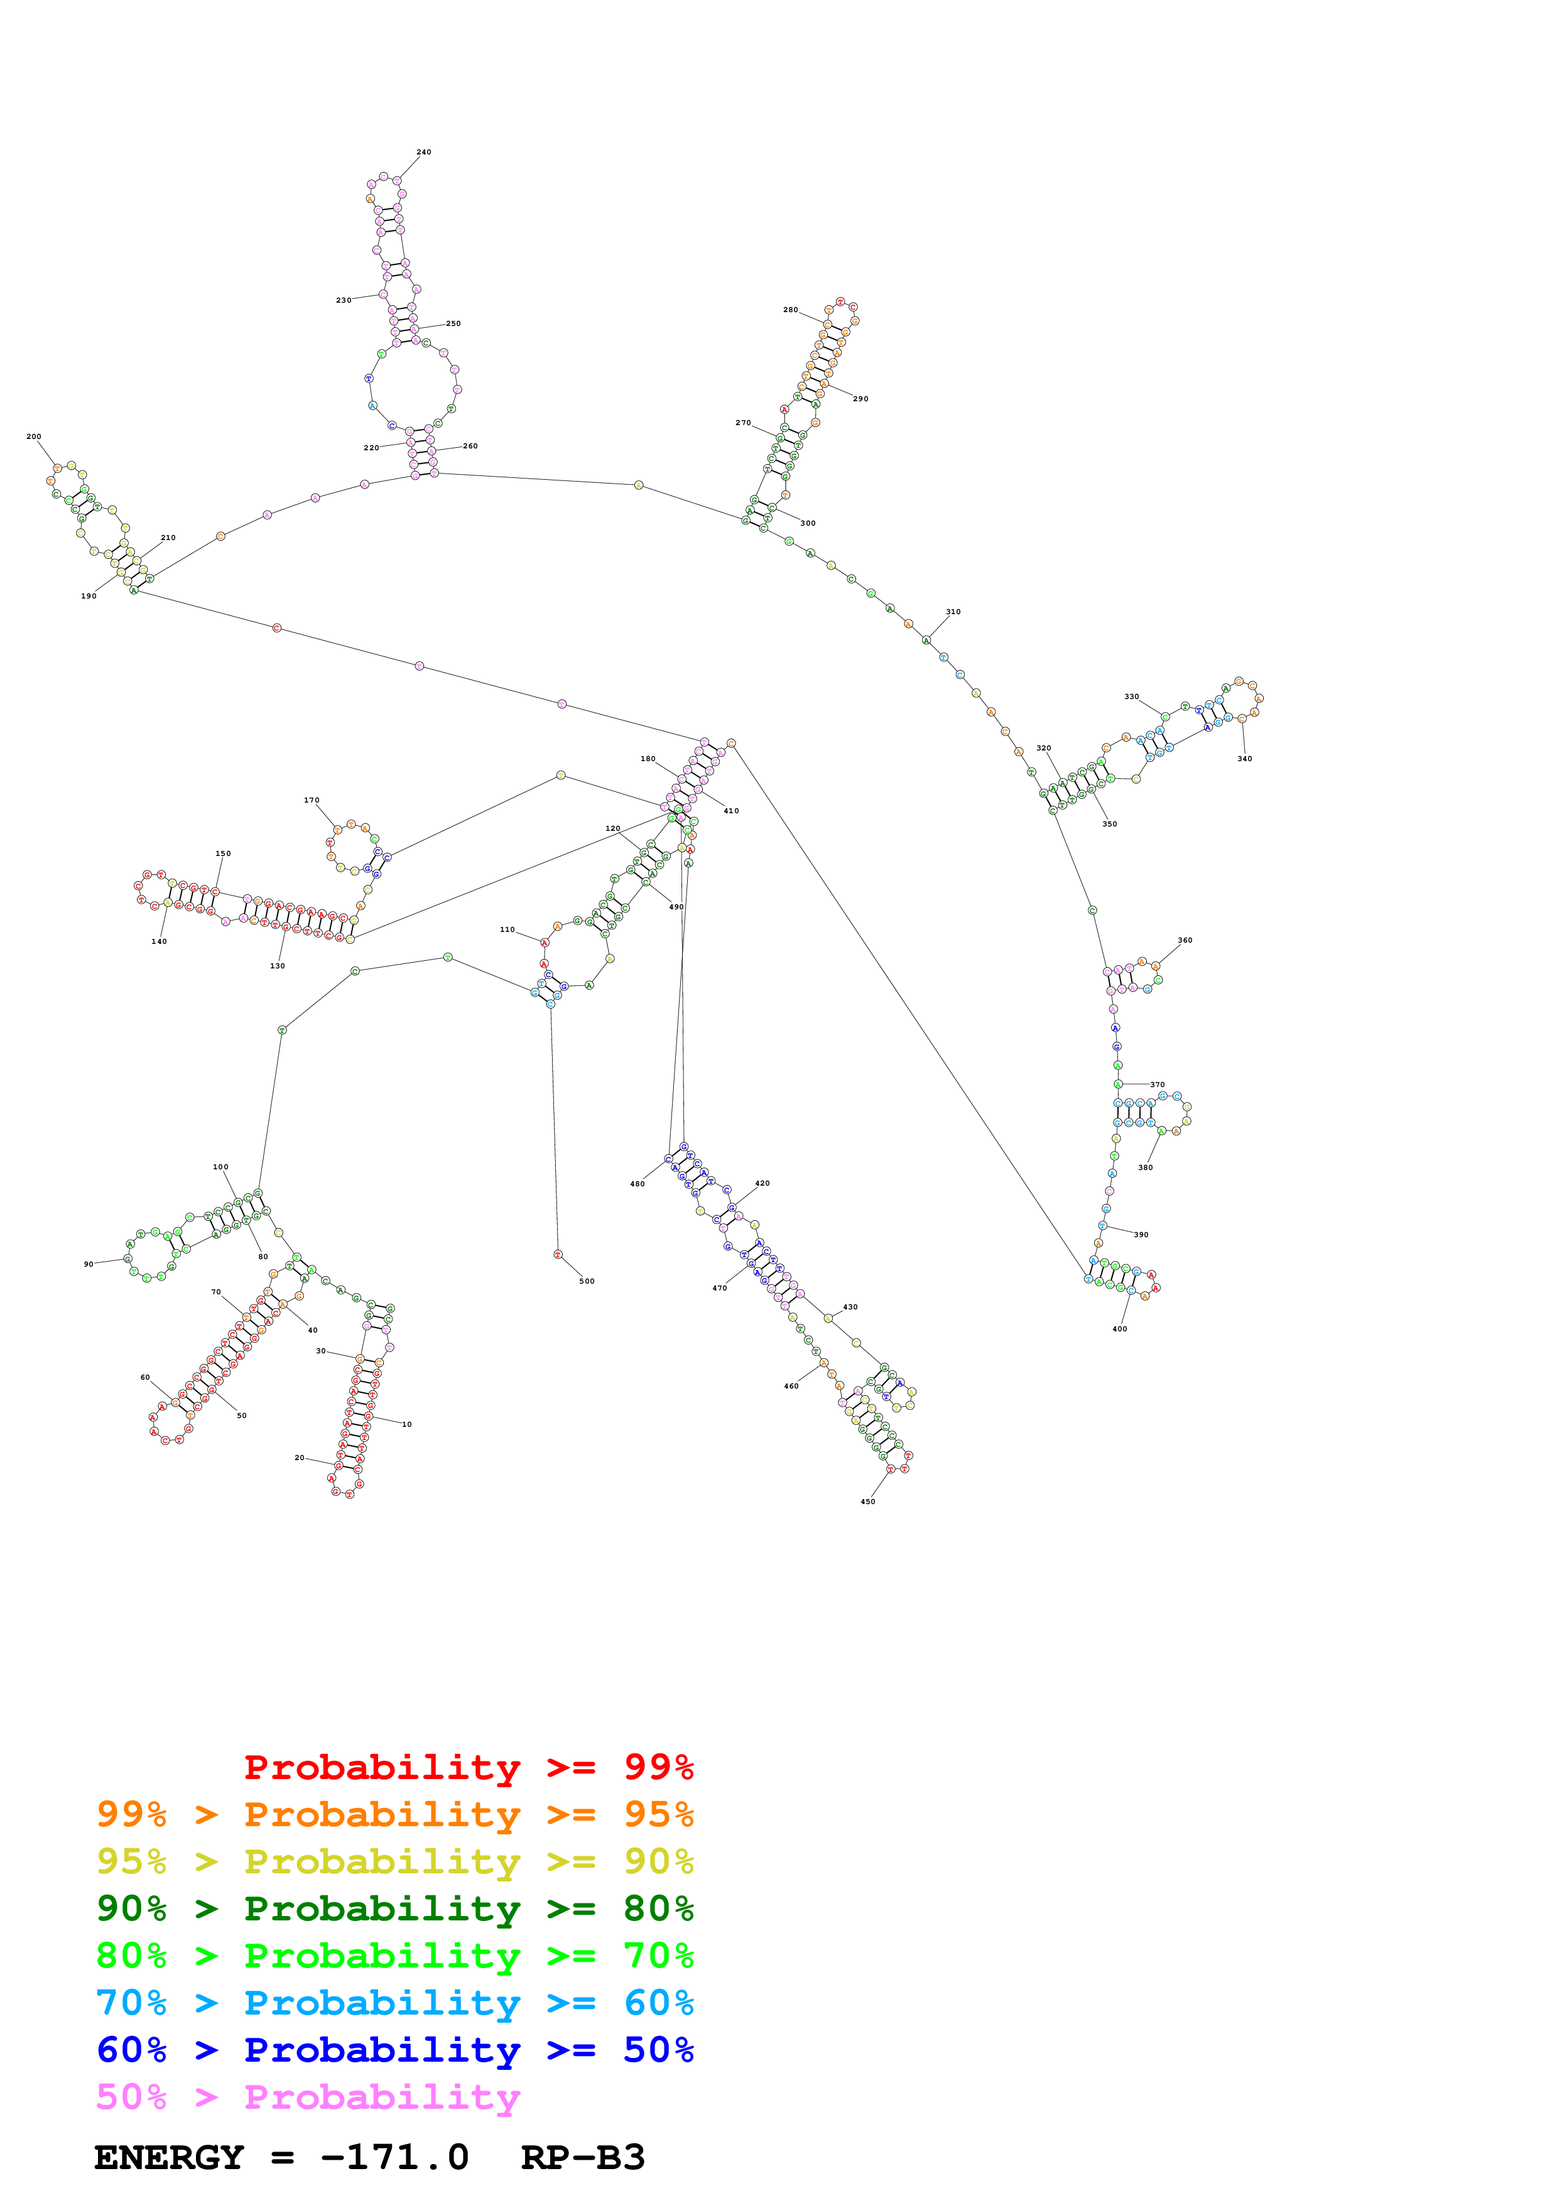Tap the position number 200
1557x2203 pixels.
pyautogui.click(x=33, y=436)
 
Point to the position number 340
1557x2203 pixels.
pyautogui.click(x=1244, y=759)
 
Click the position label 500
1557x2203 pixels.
pyautogui.click(x=586, y=1281)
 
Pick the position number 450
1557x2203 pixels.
pyautogui.click(x=867, y=1502)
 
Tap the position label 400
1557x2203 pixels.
pyautogui.click(x=1119, y=1329)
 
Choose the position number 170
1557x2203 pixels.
pyautogui.click(x=312, y=800)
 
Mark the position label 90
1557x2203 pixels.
pyautogui.click(x=89, y=1265)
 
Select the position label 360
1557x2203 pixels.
pyautogui.click(x=1185, y=940)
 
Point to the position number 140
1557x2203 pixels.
pyautogui.click(x=160, y=941)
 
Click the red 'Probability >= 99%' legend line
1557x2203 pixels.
pyautogui.click(x=468, y=1767)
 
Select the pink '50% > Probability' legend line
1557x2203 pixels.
pyautogui.click(x=307, y=2096)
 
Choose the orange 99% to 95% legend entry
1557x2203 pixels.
pyautogui.click(x=394, y=1814)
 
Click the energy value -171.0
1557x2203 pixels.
pyautogui.click(x=394, y=2157)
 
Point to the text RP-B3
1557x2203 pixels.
pyautogui.click(x=582, y=2157)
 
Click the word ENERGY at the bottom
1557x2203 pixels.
pyautogui.click(x=169, y=2157)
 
